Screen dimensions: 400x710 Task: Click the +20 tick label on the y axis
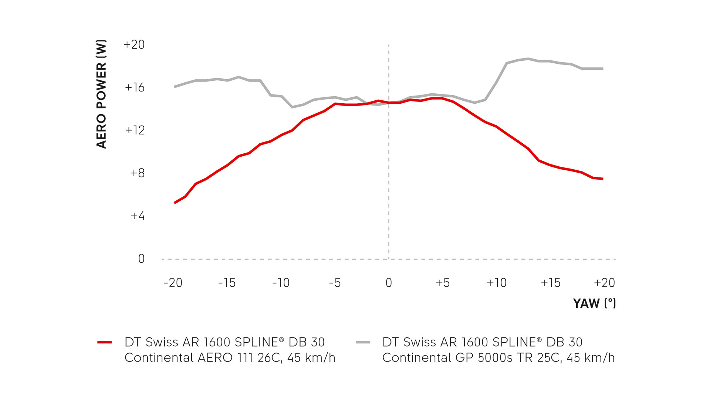tap(134, 44)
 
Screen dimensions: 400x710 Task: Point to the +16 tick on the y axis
tap(135, 87)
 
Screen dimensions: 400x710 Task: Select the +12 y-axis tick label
tap(135, 130)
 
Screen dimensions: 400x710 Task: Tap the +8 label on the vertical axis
tap(138, 173)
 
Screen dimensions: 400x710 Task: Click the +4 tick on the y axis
tap(138, 216)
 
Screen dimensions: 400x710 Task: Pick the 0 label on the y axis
tap(141, 259)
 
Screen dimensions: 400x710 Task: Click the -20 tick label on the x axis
tap(173, 283)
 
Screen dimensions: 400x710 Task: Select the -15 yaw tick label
tap(227, 283)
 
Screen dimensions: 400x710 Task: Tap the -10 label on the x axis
tap(281, 283)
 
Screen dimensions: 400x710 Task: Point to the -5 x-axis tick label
tap(335, 283)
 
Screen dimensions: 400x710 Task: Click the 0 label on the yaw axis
tap(389, 283)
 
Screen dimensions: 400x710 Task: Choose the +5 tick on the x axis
tap(443, 283)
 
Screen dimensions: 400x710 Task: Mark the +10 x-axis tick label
tap(497, 283)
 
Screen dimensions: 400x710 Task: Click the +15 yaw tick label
tap(551, 283)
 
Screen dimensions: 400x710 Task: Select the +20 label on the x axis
tap(604, 283)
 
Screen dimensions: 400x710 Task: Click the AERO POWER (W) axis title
tap(101, 94)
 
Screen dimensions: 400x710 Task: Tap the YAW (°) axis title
tap(594, 303)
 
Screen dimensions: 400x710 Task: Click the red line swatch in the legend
tap(105, 342)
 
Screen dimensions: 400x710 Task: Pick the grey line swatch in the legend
tap(363, 342)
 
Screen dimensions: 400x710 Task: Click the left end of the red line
tap(175, 203)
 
